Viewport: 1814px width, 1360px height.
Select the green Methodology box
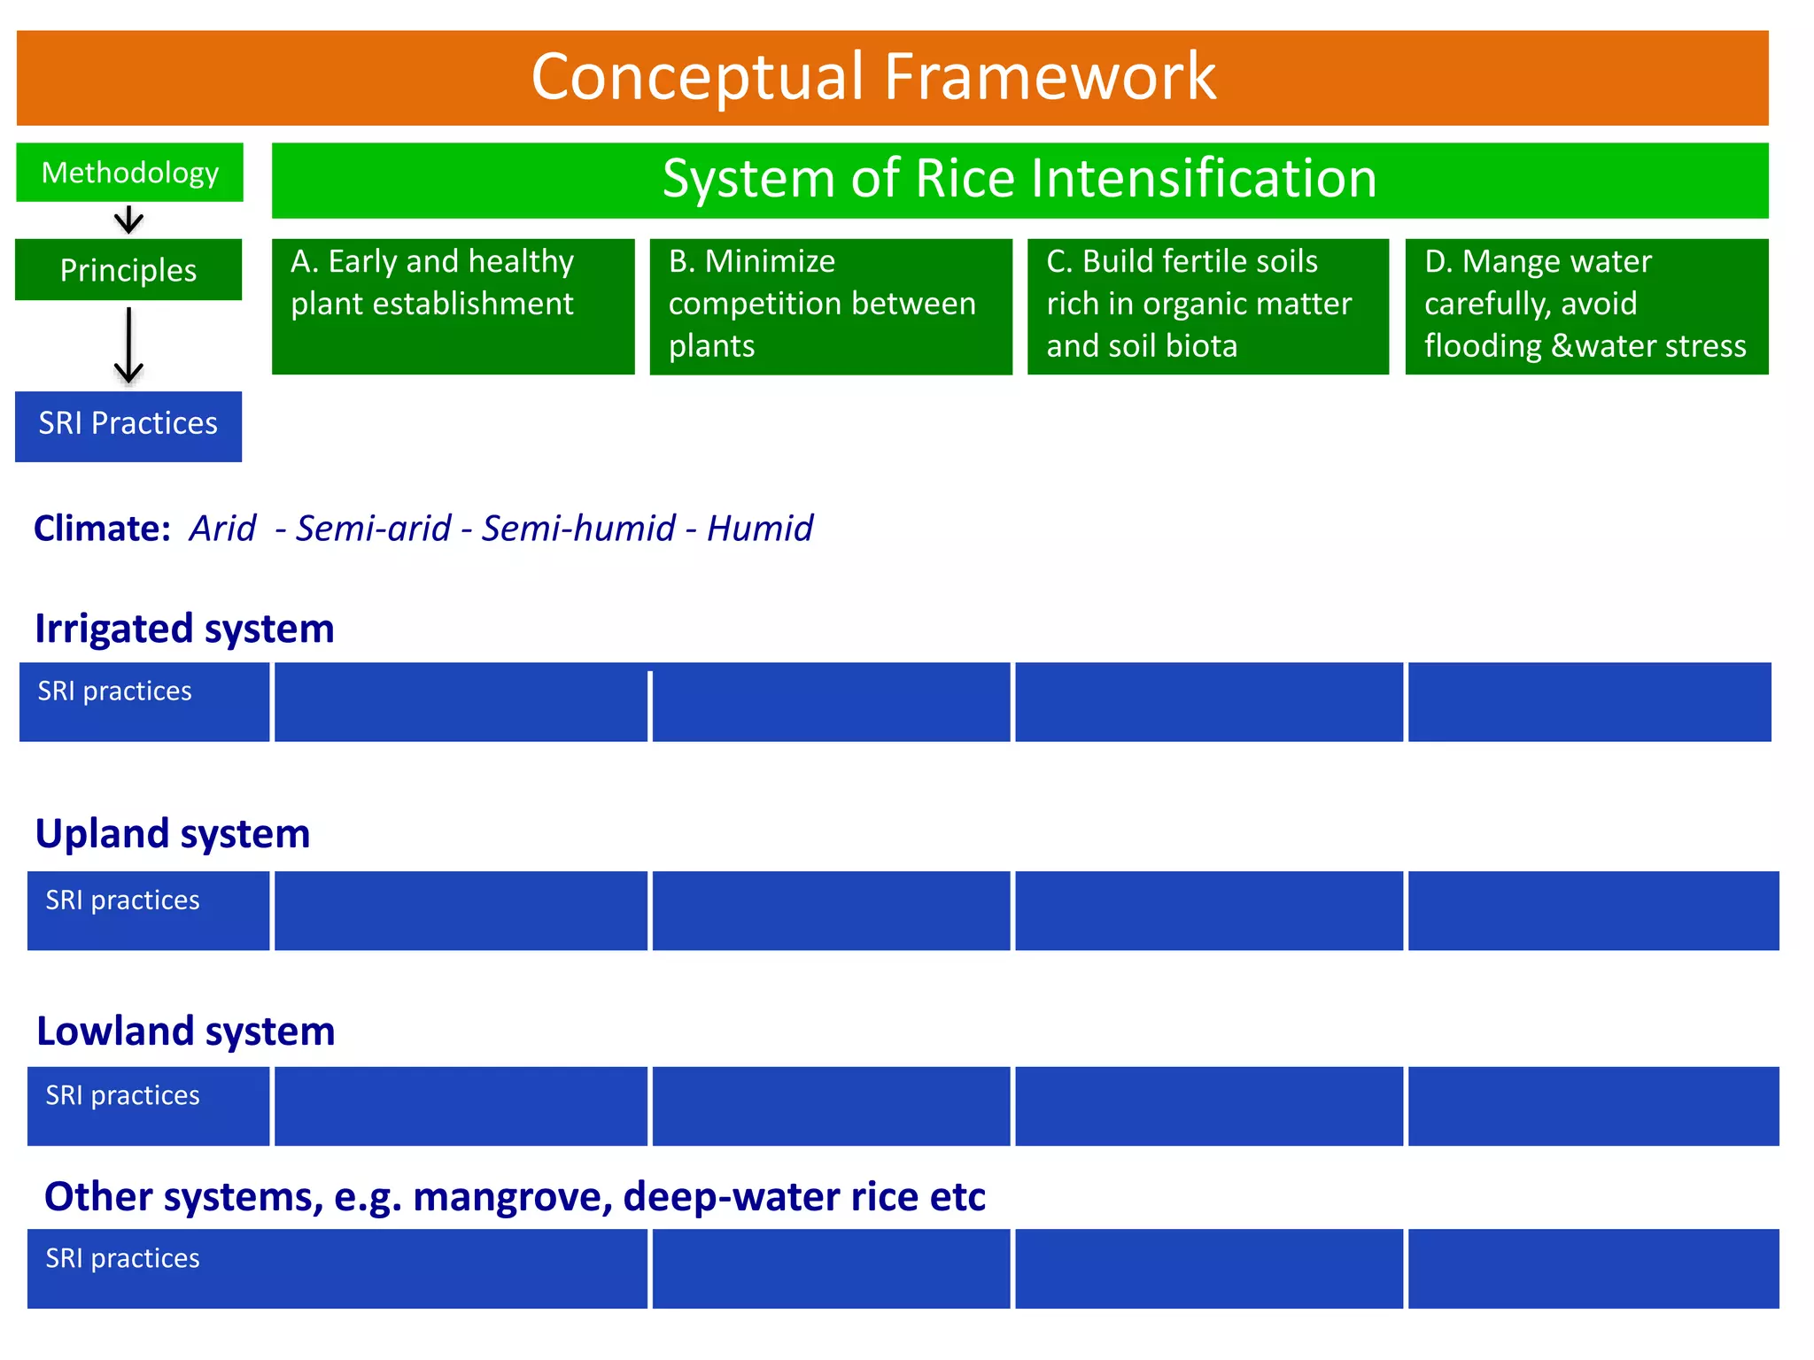coord(129,173)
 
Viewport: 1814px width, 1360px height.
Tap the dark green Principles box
coord(128,270)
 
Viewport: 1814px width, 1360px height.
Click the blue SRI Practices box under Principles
coord(128,424)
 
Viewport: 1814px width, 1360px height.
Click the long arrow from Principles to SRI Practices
coord(129,345)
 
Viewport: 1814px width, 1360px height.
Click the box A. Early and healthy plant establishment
coord(453,305)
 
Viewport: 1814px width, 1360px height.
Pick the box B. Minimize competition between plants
coord(830,305)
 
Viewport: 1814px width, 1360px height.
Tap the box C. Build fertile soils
coord(1207,305)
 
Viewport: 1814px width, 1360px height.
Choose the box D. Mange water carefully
coord(1585,305)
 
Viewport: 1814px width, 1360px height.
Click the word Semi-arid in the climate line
coord(373,529)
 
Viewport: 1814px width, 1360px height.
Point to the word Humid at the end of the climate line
coord(759,529)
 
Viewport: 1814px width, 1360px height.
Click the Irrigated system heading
coord(184,629)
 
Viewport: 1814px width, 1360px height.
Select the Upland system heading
coord(173,834)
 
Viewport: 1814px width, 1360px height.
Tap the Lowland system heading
coord(185,1032)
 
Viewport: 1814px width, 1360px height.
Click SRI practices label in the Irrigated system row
coord(114,692)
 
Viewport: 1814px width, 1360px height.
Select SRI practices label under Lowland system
coord(122,1096)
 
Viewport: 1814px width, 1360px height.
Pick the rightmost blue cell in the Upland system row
coord(1593,911)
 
